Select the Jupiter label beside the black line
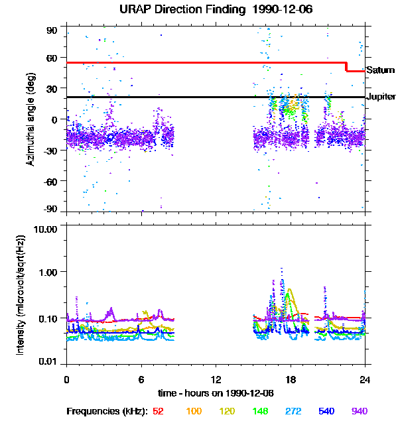pos(381,97)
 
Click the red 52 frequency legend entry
pos(158,411)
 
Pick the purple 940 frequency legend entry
pos(360,411)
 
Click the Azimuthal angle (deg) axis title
pos(31,119)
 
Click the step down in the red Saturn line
pos(346,67)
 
